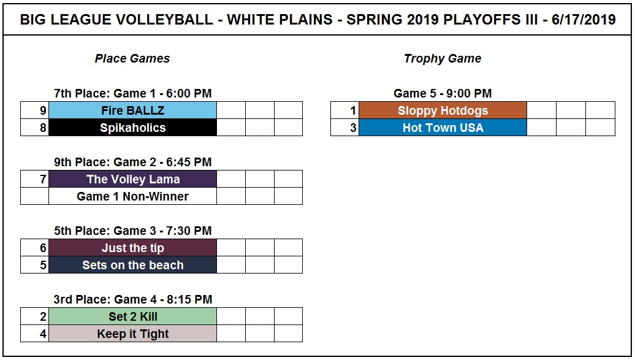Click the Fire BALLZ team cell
pyautogui.click(x=133, y=110)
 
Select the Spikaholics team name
pyautogui.click(x=133, y=128)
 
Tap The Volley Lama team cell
pyautogui.click(x=133, y=179)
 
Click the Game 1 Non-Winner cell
pyautogui.click(x=133, y=196)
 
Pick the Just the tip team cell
pyautogui.click(x=133, y=248)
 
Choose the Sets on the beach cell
pyautogui.click(x=133, y=265)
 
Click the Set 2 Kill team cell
pyautogui.click(x=133, y=316)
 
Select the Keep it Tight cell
pyautogui.click(x=133, y=334)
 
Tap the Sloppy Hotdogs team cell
pyautogui.click(x=443, y=110)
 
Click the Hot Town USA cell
pyautogui.click(x=443, y=128)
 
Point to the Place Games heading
pyautogui.click(x=132, y=58)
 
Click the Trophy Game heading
pyautogui.click(x=443, y=59)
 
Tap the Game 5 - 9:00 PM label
pyautogui.click(x=443, y=93)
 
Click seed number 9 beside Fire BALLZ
pyautogui.click(x=43, y=110)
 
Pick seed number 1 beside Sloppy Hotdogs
pyautogui.click(x=353, y=110)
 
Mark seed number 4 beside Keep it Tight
pyautogui.click(x=43, y=334)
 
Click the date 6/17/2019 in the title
pyautogui.click(x=584, y=20)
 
